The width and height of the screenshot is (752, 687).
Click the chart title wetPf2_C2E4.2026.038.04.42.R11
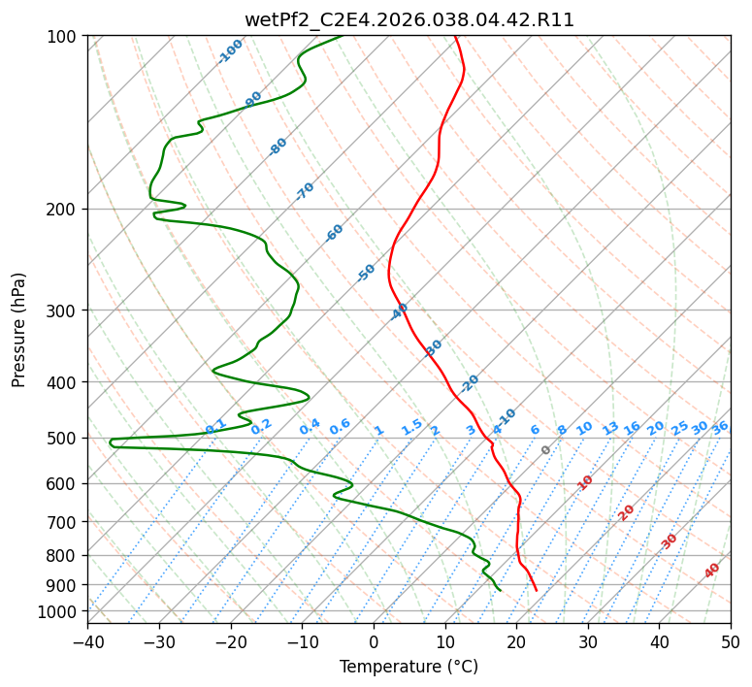point(409,19)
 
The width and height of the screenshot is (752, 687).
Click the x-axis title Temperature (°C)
point(409,667)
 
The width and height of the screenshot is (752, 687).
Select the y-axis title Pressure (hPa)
point(18,330)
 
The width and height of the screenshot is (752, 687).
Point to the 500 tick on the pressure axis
point(66,439)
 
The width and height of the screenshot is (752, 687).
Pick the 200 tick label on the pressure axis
point(66,210)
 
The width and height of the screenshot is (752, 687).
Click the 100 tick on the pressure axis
point(66,37)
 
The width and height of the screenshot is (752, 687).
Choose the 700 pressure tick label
point(66,522)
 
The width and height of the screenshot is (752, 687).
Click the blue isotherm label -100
point(231,51)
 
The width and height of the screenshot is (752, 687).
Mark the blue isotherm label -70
point(305,191)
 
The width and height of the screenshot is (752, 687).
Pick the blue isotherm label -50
point(366,273)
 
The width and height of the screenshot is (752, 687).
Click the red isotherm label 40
point(712,571)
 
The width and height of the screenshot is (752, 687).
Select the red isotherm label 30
point(670,541)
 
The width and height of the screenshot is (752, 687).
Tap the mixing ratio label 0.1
point(215,427)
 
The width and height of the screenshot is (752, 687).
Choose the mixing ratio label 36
point(720,427)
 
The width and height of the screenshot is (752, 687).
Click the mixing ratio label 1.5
point(411,427)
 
